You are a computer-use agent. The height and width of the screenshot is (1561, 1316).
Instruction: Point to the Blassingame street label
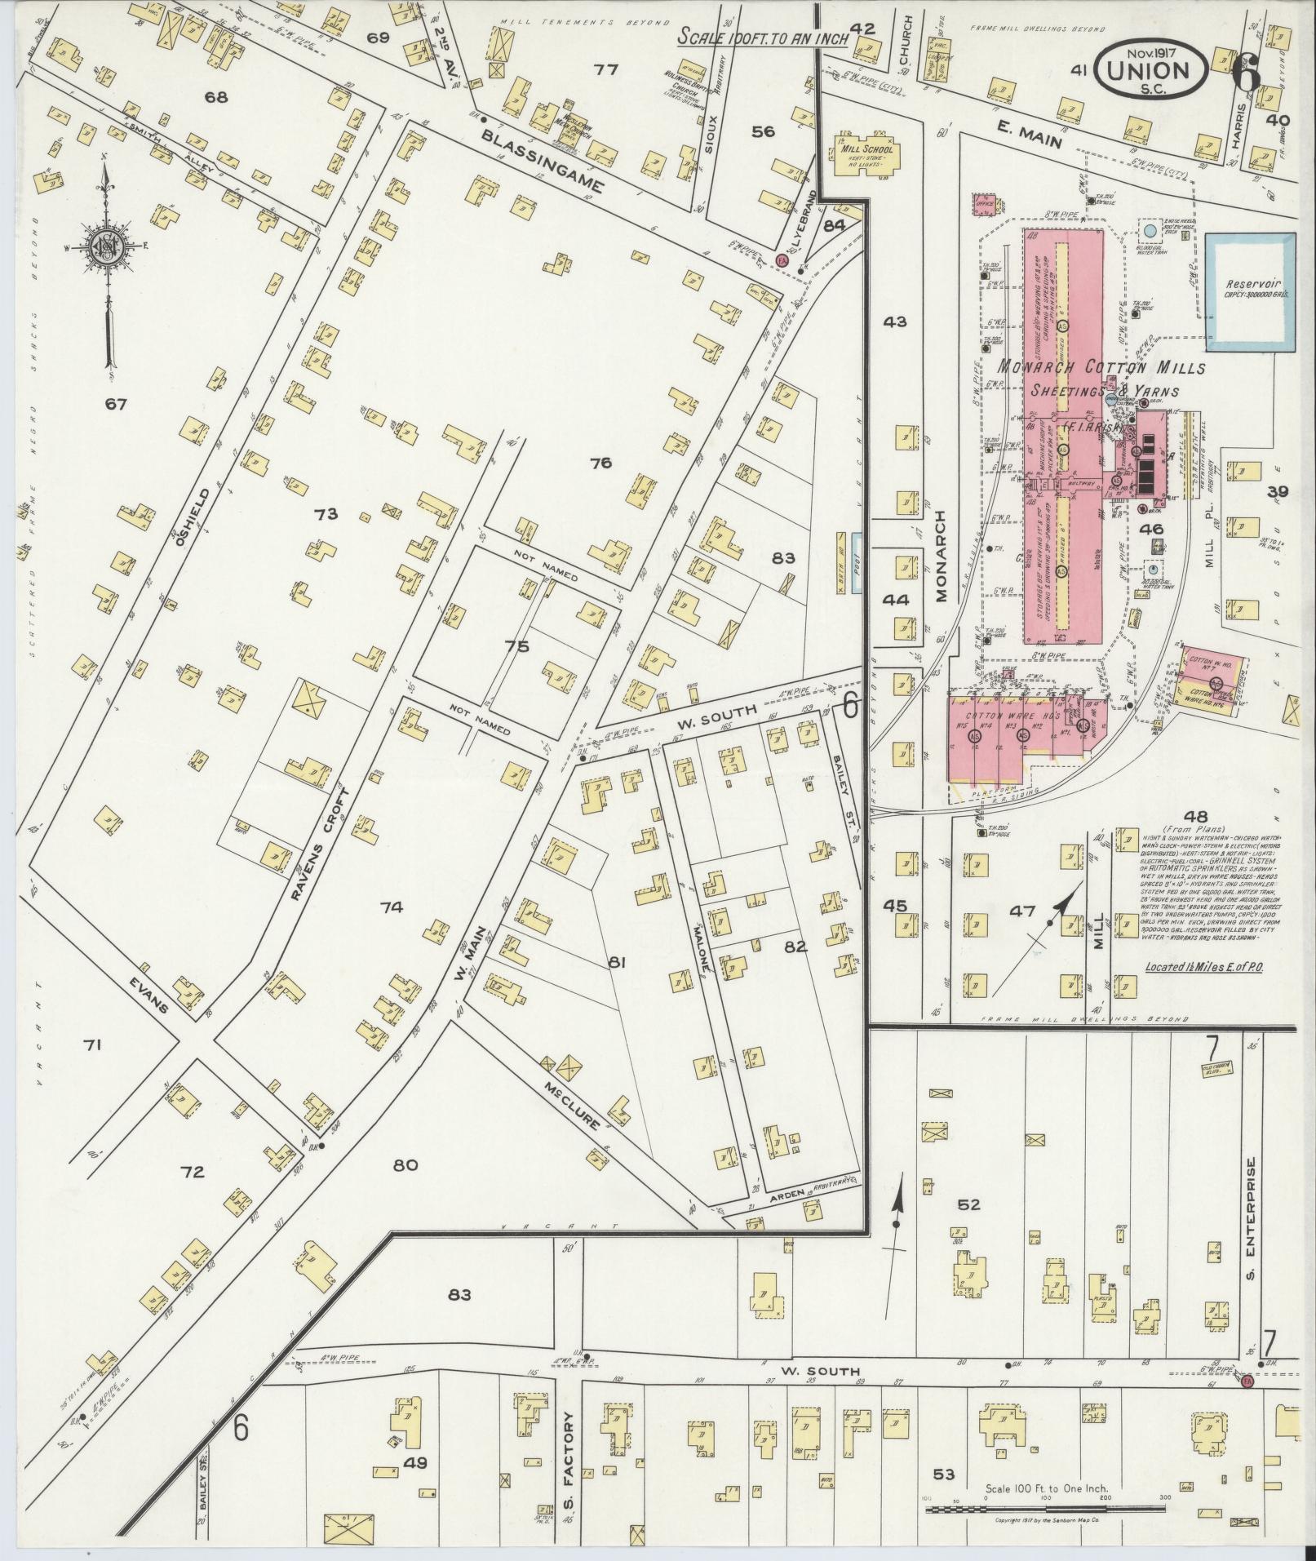[x=542, y=161]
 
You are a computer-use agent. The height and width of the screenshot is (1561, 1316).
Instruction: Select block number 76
[x=600, y=463]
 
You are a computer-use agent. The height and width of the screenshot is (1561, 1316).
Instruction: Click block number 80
[x=405, y=1165]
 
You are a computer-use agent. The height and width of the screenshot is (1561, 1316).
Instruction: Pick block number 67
[x=116, y=404]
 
